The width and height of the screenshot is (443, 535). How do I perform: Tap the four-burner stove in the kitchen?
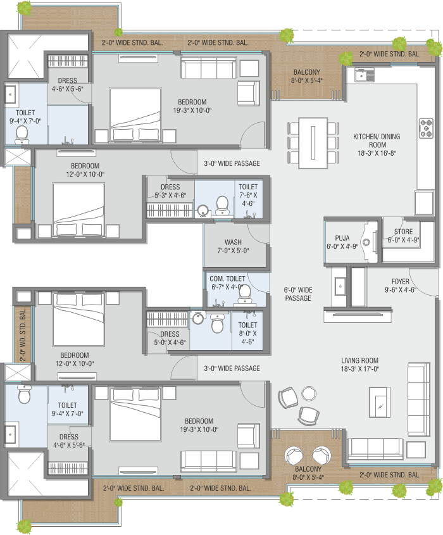[426, 128]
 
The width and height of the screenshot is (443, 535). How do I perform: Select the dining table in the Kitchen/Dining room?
[313, 142]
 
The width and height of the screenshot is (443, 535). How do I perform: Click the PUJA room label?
[342, 238]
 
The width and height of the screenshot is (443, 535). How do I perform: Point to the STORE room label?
[403, 232]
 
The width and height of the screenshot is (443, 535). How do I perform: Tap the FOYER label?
[401, 282]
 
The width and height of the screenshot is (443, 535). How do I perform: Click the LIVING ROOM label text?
[360, 360]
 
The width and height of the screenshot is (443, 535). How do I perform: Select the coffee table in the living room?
[380, 402]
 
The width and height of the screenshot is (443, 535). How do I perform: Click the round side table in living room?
[309, 393]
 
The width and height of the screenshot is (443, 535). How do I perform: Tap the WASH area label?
[233, 242]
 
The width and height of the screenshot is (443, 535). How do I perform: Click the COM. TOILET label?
[227, 279]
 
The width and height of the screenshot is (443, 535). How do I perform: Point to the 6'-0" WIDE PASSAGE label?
[298, 294]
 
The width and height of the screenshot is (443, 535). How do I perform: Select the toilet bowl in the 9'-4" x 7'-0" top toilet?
[22, 135]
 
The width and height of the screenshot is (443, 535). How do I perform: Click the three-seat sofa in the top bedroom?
[208, 68]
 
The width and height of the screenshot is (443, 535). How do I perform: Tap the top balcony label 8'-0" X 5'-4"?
[306, 80]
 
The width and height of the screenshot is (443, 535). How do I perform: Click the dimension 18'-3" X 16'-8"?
[377, 153]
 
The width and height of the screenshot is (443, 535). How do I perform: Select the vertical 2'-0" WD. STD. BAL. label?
[23, 334]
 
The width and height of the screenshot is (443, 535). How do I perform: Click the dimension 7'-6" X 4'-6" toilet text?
[248, 199]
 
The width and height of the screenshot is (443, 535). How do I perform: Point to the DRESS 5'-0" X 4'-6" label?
[170, 338]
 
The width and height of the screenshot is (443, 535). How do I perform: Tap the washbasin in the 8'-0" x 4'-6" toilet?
[198, 318]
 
